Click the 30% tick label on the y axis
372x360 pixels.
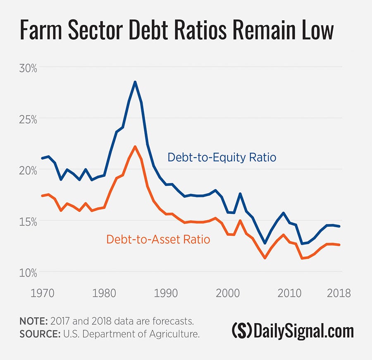pos(28,68)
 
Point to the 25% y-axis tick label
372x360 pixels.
pos(28,119)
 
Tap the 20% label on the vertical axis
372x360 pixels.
pos(28,170)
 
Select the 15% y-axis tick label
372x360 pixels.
pos(28,221)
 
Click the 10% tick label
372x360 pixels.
pos(28,272)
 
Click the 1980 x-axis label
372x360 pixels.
pos(103,293)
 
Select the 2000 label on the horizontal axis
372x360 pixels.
pos(228,293)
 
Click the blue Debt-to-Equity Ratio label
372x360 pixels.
pos(222,158)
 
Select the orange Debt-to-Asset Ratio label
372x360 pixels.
pos(158,239)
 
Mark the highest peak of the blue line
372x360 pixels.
pos(135,82)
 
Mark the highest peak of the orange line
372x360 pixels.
pos(135,146)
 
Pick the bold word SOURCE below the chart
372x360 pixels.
pos(38,334)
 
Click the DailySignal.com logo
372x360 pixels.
pos(293,331)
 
